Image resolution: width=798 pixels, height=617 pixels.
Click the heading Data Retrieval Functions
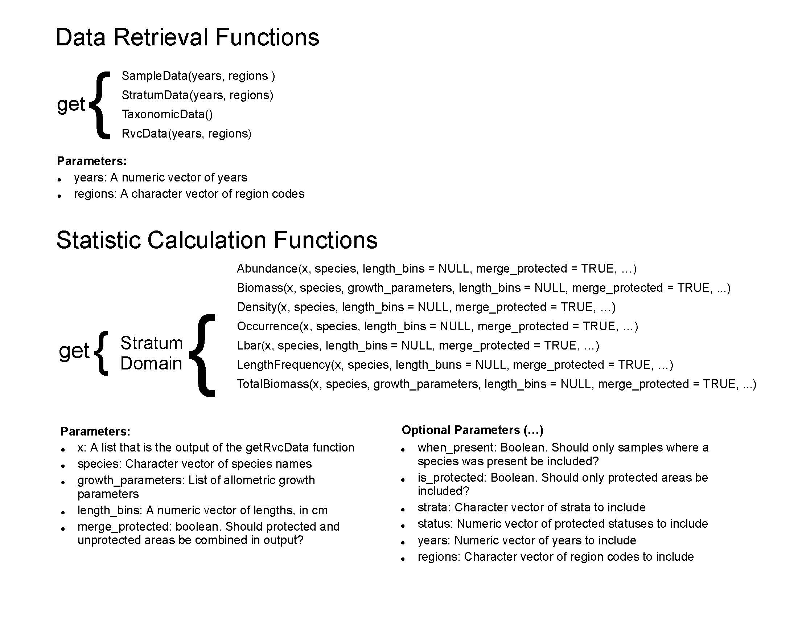pyautogui.click(x=188, y=37)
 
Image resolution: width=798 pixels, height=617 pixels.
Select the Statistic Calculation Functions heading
pyautogui.click(x=217, y=241)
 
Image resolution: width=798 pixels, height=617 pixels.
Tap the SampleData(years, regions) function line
pyautogui.click(x=198, y=76)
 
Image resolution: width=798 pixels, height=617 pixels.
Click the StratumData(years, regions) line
pyautogui.click(x=197, y=95)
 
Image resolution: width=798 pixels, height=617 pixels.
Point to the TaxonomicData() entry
pyautogui.click(x=167, y=114)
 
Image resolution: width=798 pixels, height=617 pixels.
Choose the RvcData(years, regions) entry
pyautogui.click(x=187, y=134)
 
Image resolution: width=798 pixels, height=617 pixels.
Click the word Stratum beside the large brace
pyautogui.click(x=151, y=343)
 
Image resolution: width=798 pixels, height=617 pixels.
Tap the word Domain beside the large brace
pyautogui.click(x=151, y=363)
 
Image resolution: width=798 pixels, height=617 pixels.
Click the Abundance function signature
pyautogui.click(x=437, y=269)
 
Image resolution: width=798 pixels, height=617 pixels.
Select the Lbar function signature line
pyautogui.click(x=418, y=346)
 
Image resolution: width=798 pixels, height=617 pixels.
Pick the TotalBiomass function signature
pyautogui.click(x=497, y=384)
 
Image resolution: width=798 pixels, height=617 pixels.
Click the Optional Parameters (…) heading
pyautogui.click(x=472, y=430)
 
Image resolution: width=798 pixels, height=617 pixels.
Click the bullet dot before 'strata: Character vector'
pyautogui.click(x=403, y=510)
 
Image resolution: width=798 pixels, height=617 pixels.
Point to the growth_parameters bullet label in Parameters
pyautogui.click(x=131, y=480)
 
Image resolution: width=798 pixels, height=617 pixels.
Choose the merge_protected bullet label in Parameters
pyautogui.click(x=124, y=526)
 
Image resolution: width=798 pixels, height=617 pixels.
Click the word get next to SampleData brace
pyautogui.click(x=71, y=104)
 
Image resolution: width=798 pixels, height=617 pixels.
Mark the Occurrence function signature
pyautogui.click(x=437, y=326)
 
